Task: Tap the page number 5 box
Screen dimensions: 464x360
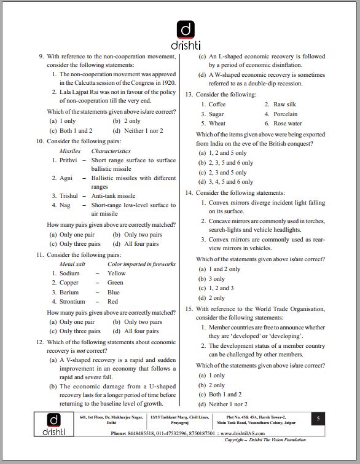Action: coord(318,419)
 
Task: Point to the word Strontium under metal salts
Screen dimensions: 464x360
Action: coord(72,302)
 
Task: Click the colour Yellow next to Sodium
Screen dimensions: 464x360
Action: coord(116,273)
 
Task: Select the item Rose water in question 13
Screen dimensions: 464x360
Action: coord(288,123)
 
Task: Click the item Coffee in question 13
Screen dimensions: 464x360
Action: coord(217,104)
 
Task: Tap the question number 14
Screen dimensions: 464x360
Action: coord(189,192)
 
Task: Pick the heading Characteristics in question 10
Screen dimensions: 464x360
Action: coord(111,151)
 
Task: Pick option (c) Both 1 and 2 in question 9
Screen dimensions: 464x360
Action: coord(71,131)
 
